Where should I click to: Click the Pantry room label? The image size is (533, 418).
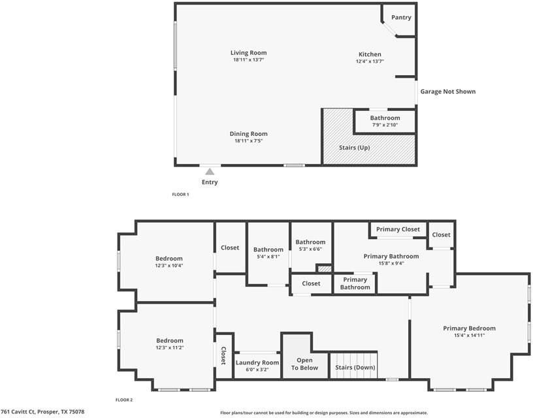click(x=401, y=18)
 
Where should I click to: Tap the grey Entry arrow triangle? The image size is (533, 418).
click(x=210, y=172)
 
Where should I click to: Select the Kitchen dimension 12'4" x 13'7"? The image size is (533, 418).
click(x=370, y=61)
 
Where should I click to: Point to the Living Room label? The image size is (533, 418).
click(x=248, y=53)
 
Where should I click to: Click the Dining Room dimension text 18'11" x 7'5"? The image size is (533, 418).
click(x=248, y=140)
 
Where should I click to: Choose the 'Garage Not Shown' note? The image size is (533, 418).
click(x=448, y=91)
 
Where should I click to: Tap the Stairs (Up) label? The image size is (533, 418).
click(x=355, y=148)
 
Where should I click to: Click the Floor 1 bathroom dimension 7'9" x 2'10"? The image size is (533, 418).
click(x=385, y=125)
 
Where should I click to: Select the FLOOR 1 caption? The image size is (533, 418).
click(x=180, y=195)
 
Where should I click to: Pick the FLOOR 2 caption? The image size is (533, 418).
click(x=124, y=400)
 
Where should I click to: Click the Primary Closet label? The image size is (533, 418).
click(x=398, y=229)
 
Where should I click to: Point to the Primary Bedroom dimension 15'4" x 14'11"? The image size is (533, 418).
click(x=470, y=336)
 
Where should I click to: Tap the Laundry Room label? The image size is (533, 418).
click(x=257, y=362)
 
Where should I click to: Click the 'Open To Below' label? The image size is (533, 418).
click(x=304, y=364)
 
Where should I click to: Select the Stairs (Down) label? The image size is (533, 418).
click(x=355, y=367)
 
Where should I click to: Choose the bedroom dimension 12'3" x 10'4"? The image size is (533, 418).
click(x=169, y=265)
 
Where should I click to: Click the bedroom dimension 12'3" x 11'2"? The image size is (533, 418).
click(x=170, y=347)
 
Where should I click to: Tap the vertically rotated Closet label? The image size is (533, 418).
click(x=223, y=355)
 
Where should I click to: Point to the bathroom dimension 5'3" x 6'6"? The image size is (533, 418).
click(x=310, y=249)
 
